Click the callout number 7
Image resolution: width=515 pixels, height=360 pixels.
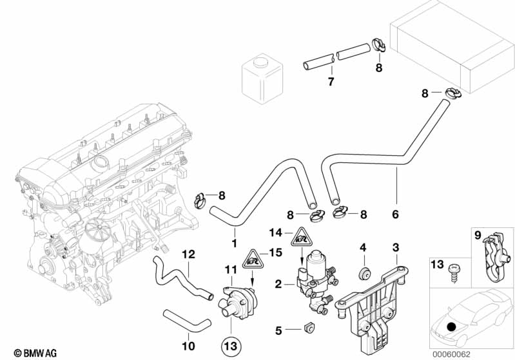(x=331, y=82)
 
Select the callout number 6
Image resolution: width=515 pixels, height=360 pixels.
(x=396, y=214)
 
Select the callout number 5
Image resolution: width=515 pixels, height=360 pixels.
(x=278, y=331)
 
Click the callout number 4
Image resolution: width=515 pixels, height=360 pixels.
(x=363, y=247)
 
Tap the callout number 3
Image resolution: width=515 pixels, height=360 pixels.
(x=396, y=247)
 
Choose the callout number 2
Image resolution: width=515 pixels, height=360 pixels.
(x=278, y=283)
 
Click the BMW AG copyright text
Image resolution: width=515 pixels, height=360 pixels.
(x=23, y=352)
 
